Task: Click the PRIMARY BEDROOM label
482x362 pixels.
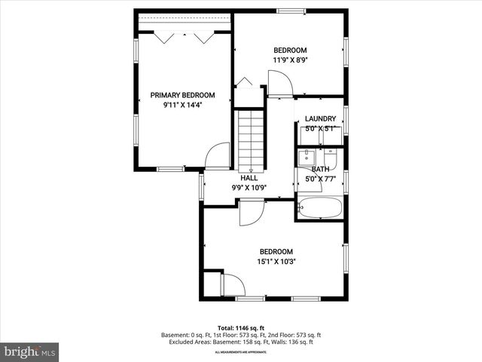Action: click(182, 95)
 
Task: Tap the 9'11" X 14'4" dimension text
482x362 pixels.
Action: click(182, 106)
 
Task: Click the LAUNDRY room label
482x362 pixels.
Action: click(320, 119)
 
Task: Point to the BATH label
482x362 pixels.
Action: click(320, 170)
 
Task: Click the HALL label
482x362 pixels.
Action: click(249, 178)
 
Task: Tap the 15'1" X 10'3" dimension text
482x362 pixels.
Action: click(276, 262)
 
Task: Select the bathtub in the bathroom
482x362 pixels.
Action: click(320, 207)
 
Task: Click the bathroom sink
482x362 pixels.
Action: click(307, 158)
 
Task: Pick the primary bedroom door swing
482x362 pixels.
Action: click(217, 155)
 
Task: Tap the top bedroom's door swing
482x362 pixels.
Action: click(278, 83)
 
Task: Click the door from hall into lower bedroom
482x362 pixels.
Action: click(250, 212)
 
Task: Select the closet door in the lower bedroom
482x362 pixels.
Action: click(232, 285)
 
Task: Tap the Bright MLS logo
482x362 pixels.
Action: click(30, 351)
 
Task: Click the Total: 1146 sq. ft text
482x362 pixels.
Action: click(241, 327)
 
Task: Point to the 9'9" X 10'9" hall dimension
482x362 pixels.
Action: click(249, 187)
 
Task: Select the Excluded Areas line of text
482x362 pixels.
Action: click(241, 342)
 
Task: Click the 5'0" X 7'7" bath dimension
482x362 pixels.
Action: click(320, 179)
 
